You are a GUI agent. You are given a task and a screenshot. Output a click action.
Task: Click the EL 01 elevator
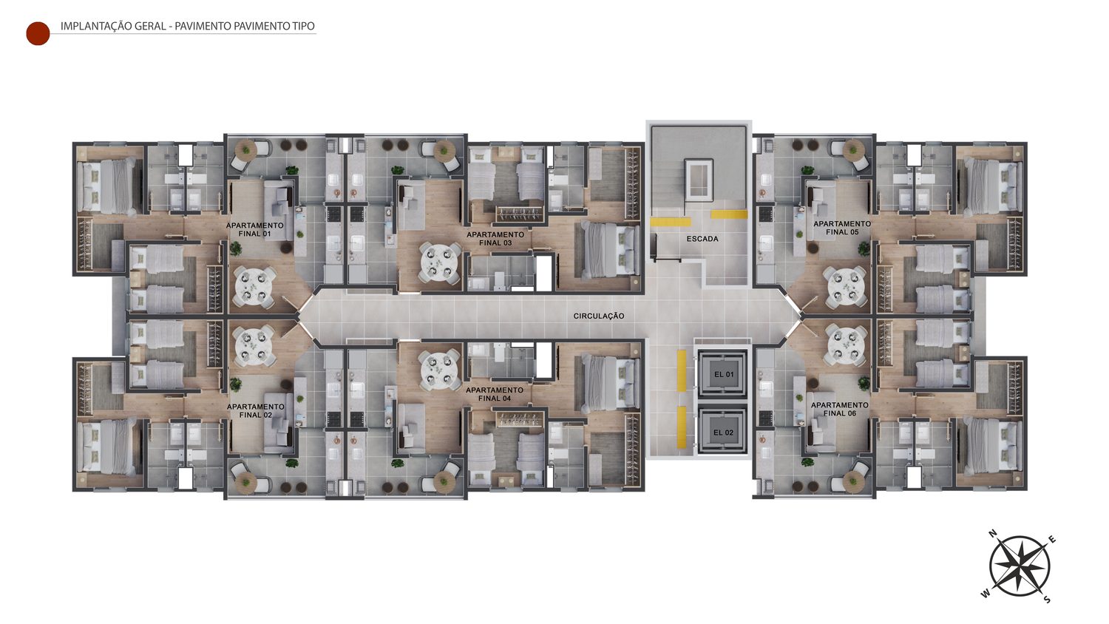coord(722,374)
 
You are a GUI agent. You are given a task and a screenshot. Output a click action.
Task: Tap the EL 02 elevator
coord(722,433)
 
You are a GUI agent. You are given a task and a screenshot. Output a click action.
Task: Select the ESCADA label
coord(702,239)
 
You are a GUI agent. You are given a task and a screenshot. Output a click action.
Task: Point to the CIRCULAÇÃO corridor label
coord(599,316)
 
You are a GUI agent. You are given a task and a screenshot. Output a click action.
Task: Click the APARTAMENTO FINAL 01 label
coord(254,229)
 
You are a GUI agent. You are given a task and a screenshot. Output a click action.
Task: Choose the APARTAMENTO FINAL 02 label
coord(256,410)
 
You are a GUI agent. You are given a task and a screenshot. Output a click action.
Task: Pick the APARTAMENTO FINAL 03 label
coord(495,239)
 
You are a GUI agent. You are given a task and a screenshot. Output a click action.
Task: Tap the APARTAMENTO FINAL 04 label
coord(495,394)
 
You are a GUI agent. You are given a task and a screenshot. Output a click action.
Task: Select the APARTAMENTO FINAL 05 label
coord(841,228)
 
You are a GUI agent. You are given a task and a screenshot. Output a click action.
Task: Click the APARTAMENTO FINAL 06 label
coord(840,409)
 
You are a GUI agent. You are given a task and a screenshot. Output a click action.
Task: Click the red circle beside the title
coord(38,34)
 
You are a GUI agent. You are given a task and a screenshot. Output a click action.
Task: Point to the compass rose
coord(1020,566)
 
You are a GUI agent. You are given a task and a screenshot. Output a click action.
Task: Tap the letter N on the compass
coord(992,534)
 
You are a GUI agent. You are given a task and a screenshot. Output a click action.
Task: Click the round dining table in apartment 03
coord(439,262)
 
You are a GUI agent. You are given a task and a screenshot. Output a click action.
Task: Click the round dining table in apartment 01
coord(254,287)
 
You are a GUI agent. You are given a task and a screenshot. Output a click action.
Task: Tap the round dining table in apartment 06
coord(847,345)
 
